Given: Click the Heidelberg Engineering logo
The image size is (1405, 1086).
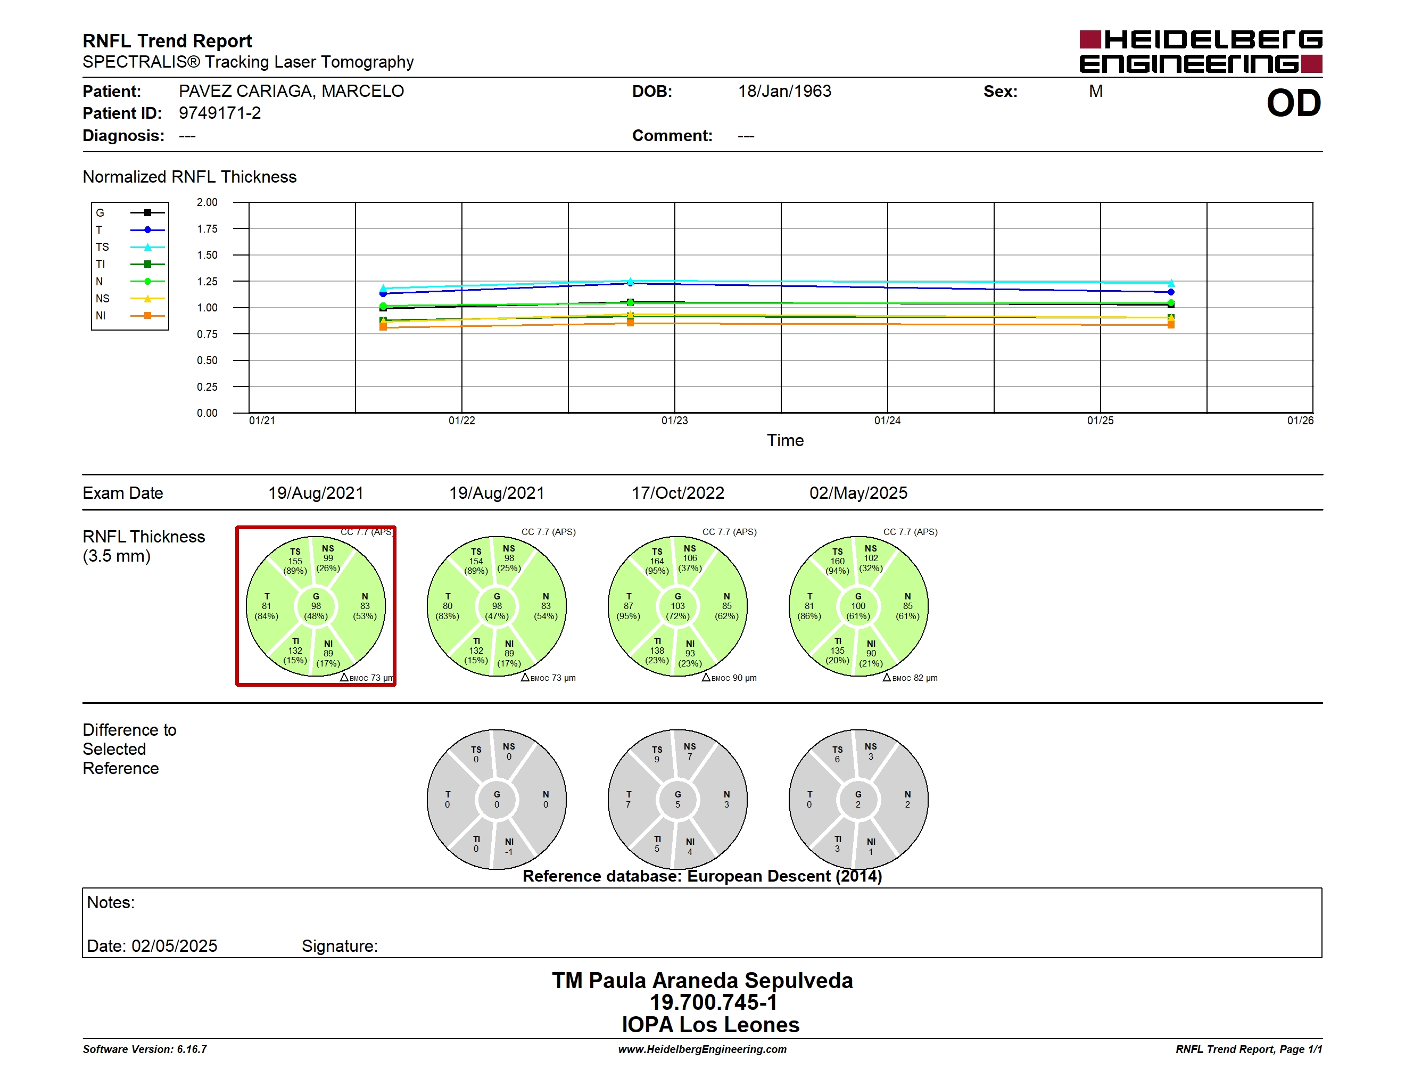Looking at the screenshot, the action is point(1201,52).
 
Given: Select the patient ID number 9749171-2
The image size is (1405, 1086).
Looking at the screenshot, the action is point(220,113).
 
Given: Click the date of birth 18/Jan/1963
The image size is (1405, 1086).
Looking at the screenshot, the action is point(784,92).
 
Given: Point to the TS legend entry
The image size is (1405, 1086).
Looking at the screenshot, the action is point(129,247).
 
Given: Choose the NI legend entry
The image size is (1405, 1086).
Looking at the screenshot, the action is point(129,316).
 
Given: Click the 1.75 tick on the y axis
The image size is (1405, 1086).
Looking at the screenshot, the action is point(207,229).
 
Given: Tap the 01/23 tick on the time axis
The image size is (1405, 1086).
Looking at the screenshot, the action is point(674,421).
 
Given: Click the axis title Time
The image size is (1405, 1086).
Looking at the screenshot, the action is point(785,441).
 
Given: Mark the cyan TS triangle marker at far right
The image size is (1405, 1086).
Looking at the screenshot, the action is point(1171,283).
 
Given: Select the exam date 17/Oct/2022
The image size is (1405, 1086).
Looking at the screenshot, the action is point(677,493).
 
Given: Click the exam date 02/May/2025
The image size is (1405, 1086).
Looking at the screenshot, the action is point(858,493).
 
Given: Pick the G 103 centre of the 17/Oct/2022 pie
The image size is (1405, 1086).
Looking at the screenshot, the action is point(677,606).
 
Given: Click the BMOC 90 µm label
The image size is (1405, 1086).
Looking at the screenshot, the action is point(730,678).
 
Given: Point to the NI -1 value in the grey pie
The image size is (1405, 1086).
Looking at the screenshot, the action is point(509,846).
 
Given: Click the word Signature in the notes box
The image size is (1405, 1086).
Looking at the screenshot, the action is point(340,947).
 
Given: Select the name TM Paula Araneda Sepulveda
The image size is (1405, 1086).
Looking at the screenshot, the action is point(702,981).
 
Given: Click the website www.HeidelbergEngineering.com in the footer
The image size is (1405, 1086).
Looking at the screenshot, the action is point(702,1049).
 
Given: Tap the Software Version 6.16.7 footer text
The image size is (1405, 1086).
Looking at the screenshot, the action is point(145,1049).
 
